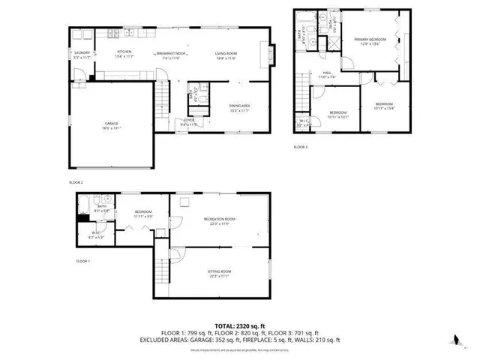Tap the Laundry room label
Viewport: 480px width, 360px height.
point(81,53)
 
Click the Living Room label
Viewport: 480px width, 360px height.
point(226,53)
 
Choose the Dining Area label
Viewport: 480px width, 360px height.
point(238,107)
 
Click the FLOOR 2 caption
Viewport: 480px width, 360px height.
point(76,182)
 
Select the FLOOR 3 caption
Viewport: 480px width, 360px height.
point(300,146)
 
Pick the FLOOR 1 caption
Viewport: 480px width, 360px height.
point(82,261)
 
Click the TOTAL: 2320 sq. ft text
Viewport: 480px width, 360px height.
point(239,326)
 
